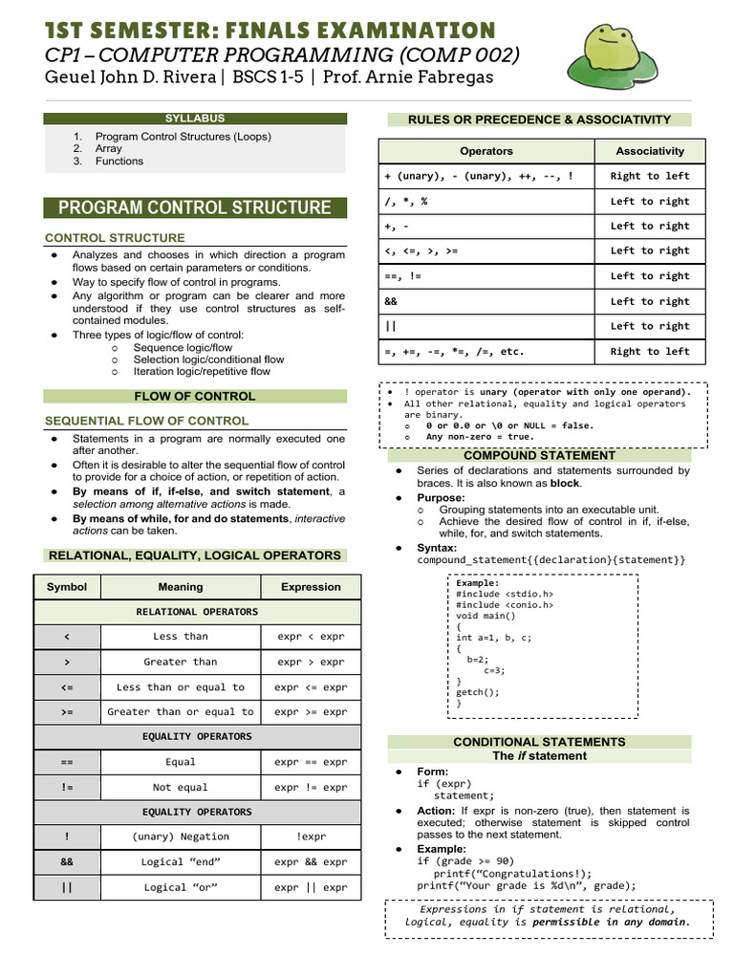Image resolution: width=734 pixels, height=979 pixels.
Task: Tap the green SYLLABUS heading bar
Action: [195, 119]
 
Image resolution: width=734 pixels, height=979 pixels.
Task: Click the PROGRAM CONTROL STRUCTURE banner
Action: [195, 207]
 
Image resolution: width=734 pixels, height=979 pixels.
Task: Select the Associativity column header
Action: [650, 151]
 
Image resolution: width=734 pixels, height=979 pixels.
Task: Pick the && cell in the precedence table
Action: [486, 301]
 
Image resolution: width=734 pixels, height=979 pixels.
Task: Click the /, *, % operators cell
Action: [486, 202]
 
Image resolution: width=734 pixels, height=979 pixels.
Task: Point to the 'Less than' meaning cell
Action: [181, 637]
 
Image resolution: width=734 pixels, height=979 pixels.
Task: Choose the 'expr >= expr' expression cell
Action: [311, 712]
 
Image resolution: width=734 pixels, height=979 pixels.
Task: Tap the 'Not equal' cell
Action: [181, 788]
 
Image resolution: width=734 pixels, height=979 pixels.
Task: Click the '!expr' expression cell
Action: [311, 837]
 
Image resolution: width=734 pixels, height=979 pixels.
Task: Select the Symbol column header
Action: [67, 587]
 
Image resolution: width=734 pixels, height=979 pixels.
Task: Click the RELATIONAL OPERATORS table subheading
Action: [197, 612]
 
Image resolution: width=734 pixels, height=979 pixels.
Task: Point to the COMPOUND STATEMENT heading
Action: [539, 456]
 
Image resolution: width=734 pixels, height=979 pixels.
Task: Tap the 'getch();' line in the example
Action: [478, 692]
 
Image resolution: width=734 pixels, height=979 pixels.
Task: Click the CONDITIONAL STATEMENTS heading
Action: [539, 742]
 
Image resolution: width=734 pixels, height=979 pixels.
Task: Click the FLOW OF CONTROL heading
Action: [195, 396]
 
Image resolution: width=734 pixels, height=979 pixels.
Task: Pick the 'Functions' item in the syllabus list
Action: [119, 162]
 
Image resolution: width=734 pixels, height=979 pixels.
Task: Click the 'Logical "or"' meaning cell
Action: [181, 887]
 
